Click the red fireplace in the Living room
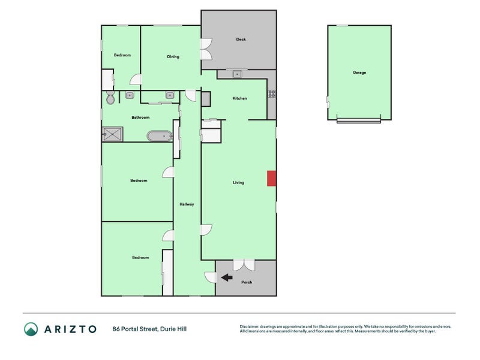pos(272,178)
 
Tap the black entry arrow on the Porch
pos(227,278)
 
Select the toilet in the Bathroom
pos(110,97)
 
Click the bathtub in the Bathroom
pos(160,136)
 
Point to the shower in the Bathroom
pos(112,134)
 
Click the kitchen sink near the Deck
pos(237,74)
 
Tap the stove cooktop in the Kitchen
pos(272,94)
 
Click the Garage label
pos(359,73)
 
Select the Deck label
pos(241,39)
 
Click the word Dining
pos(173,56)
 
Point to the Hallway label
pos(187,204)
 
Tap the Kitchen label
pos(239,98)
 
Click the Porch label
pos(247,282)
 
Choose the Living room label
pos(238,182)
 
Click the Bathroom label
pos(140,117)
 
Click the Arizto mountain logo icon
pos(31,329)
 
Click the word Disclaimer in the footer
pos(249,326)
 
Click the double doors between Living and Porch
pos(244,265)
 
